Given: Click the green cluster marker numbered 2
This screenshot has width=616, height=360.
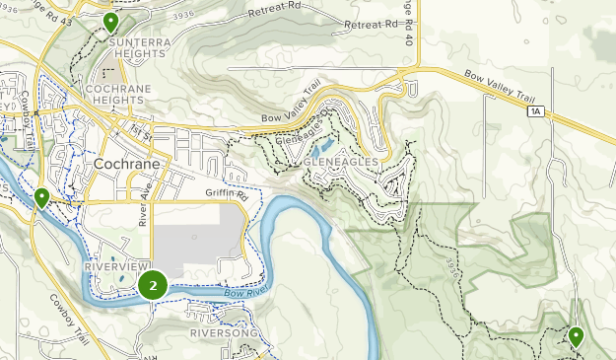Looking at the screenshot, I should [153, 286].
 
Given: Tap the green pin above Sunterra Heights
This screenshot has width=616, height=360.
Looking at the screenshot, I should [110, 22].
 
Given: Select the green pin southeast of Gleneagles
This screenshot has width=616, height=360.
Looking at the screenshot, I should [576, 336].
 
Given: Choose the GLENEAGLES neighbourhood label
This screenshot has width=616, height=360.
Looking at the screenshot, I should [342, 160].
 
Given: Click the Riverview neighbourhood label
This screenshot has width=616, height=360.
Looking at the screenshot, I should [115, 267].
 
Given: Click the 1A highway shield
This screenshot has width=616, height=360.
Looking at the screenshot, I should [535, 112].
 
